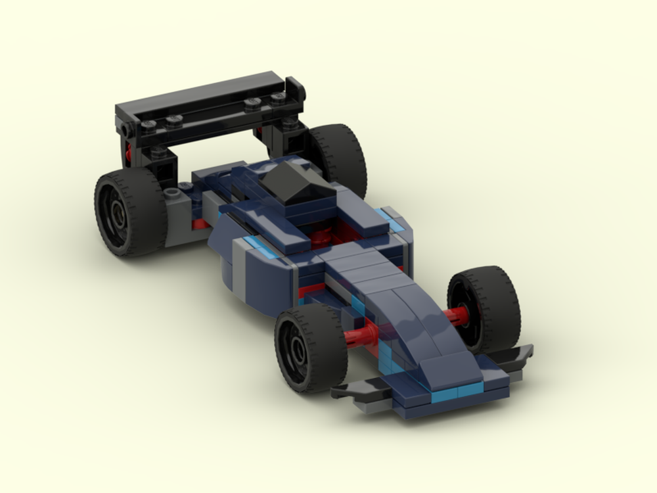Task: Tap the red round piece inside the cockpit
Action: tap(321, 237)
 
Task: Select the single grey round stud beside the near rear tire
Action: tap(172, 193)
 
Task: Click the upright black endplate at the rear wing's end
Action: tap(296, 88)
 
